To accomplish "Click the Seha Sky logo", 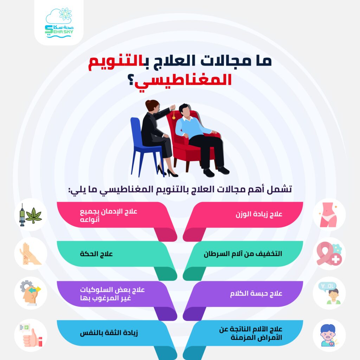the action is coord(59,23).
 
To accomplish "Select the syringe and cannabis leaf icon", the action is coord(31,215).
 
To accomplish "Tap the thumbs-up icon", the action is coord(31,335).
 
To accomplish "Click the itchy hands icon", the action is coord(30,254).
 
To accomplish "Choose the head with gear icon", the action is coord(31,293).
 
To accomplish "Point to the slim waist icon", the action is coord(328,215).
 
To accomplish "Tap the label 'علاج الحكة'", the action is coord(96,254).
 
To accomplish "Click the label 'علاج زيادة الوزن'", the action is coord(259,214).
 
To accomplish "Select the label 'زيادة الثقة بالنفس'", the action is coord(109,333).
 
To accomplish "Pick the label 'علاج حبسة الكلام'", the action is coord(256,294).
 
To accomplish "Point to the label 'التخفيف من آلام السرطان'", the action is coord(243,254).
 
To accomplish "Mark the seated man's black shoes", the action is coord(216,172).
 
